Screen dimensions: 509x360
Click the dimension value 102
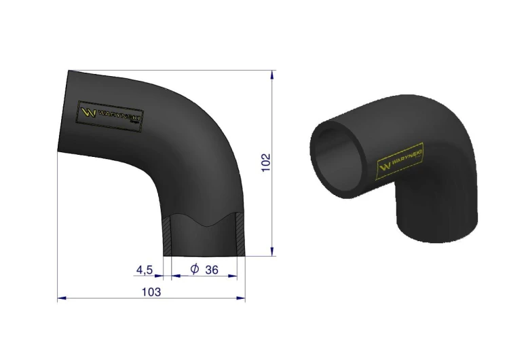(265, 162)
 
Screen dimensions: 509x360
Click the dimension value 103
(151, 292)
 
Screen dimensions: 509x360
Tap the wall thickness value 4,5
(144, 270)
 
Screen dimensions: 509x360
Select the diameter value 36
(212, 270)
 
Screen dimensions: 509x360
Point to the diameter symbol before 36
(195, 269)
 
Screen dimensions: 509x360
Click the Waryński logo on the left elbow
(111, 116)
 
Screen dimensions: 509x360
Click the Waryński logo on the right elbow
(400, 160)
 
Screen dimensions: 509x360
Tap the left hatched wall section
(167, 235)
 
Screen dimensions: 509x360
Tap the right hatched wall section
(240, 234)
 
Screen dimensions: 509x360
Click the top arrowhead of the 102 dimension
(272, 75)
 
